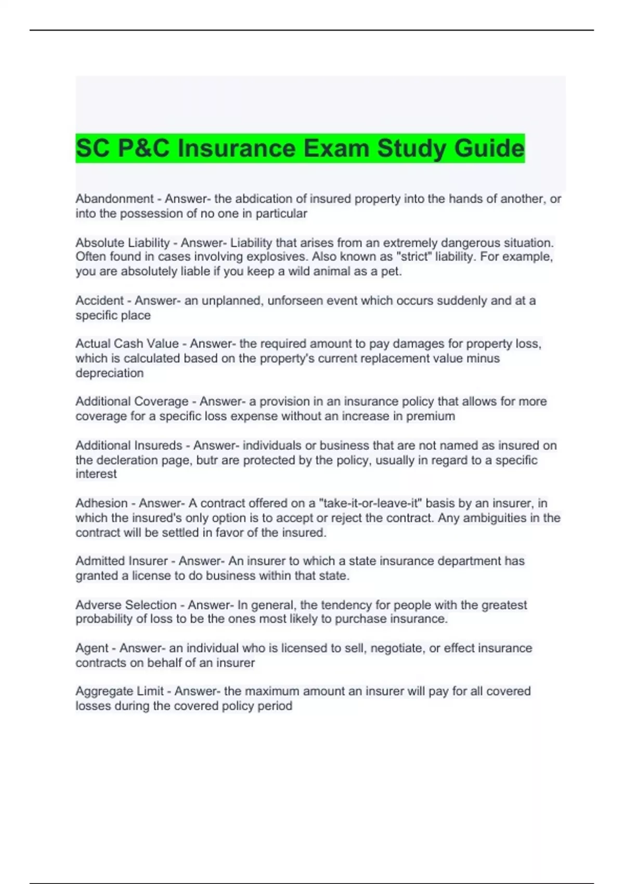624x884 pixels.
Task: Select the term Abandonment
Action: [x=114, y=199]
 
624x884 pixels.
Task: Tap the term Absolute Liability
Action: [x=123, y=243]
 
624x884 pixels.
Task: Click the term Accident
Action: [x=100, y=301]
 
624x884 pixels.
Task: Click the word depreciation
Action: [x=109, y=373]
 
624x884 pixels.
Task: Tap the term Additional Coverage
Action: [x=132, y=401]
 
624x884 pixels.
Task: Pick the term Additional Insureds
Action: [x=129, y=446]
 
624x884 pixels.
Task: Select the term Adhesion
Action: [x=101, y=503]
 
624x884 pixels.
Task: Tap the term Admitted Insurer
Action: [x=122, y=561]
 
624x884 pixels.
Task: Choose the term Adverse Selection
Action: [x=126, y=605]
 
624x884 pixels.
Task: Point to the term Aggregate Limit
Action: [x=120, y=691]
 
